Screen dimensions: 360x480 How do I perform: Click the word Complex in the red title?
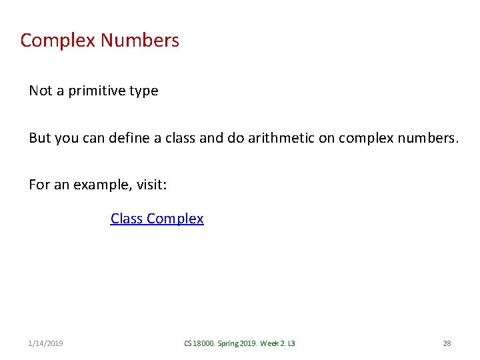[x=58, y=41]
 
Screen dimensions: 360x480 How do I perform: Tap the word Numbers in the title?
[x=140, y=41]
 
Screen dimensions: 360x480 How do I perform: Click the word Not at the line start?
[x=40, y=91]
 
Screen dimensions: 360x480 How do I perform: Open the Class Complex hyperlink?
[x=157, y=219]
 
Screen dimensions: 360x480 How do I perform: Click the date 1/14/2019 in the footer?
[x=46, y=343]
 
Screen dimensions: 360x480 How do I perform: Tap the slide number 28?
[x=447, y=343]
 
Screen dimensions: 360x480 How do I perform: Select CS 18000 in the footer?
[x=200, y=343]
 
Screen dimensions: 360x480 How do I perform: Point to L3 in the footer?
[x=291, y=343]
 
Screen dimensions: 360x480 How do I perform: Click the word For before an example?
[x=39, y=184]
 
